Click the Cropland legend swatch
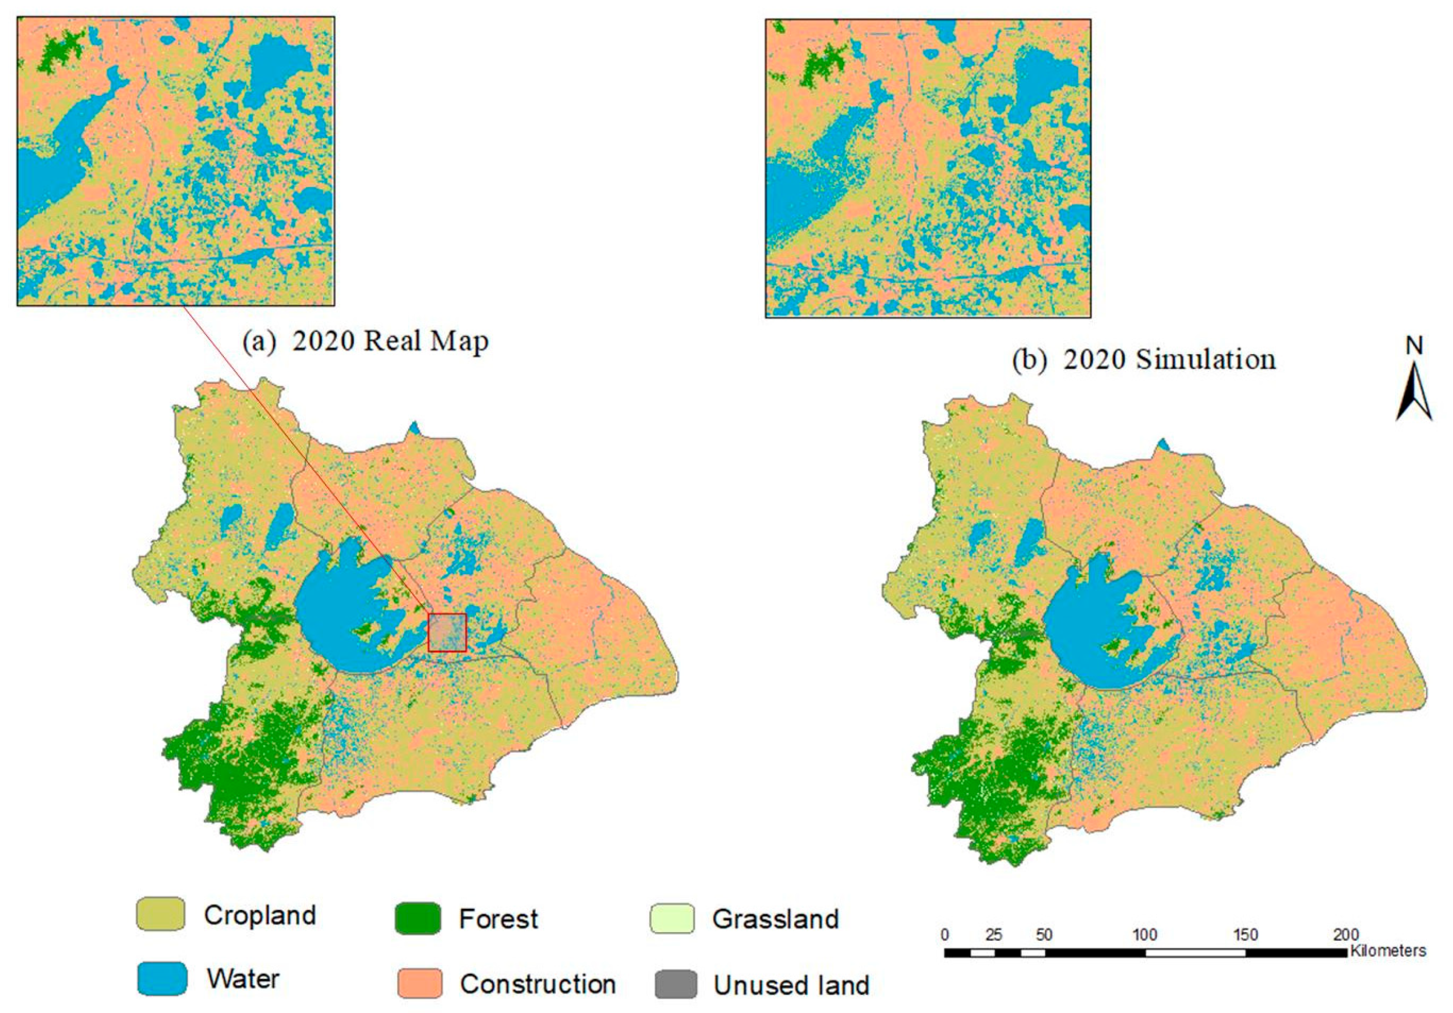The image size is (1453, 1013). tap(160, 914)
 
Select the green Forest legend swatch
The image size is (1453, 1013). tap(418, 918)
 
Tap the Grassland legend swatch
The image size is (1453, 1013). tap(672, 918)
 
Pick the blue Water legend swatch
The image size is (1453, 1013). tap(162, 978)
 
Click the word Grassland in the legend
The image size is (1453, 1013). tap(775, 919)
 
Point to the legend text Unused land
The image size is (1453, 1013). tap(791, 985)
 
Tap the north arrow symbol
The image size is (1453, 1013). tap(1413, 393)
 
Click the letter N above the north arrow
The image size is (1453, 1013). tap(1414, 346)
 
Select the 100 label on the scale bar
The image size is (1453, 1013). tap(1144, 934)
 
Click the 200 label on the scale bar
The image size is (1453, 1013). tap(1345, 934)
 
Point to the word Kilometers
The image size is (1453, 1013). tap(1388, 950)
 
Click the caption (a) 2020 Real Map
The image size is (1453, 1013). tap(366, 341)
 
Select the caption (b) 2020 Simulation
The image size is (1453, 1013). tap(1144, 360)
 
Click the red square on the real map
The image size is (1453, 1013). tap(447, 632)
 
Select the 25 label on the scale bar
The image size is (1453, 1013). tap(993, 934)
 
